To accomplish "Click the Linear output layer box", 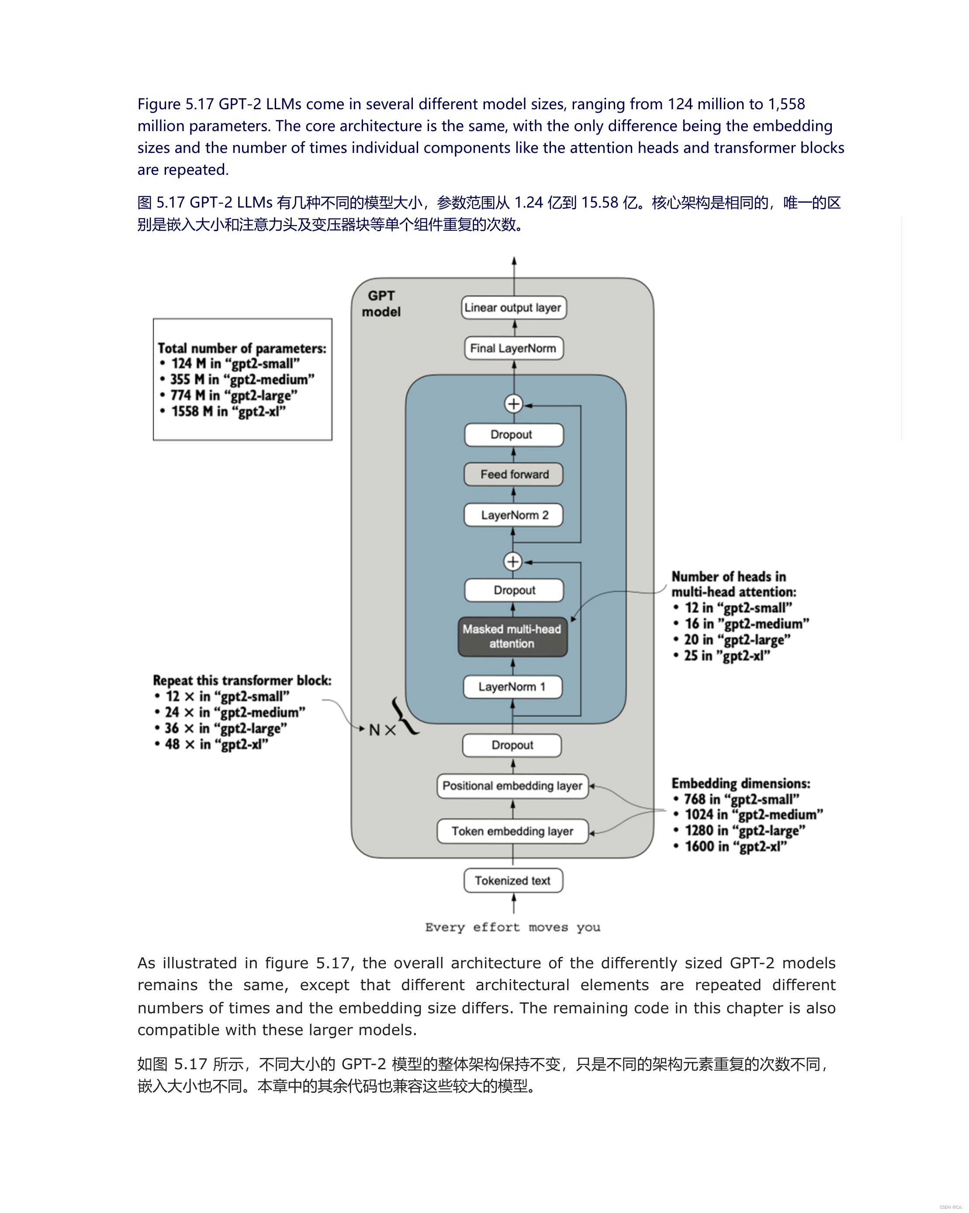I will pyautogui.click(x=513, y=308).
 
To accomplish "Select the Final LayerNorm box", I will pyautogui.click(x=513, y=348).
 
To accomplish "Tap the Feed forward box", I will pyautogui.click(x=513, y=474).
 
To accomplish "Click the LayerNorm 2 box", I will pyautogui.click(x=513, y=515).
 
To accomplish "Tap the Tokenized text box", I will pyautogui.click(x=513, y=880).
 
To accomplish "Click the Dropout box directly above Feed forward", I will pyautogui.click(x=513, y=434).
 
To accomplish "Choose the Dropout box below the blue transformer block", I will pyautogui.click(x=512, y=745).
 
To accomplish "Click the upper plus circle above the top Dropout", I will pyautogui.click(x=513, y=404).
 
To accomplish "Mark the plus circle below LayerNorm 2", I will pyautogui.click(x=513, y=561).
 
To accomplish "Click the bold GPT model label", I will pyautogui.click(x=381, y=304).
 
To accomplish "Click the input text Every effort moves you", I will pyautogui.click(x=513, y=927).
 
